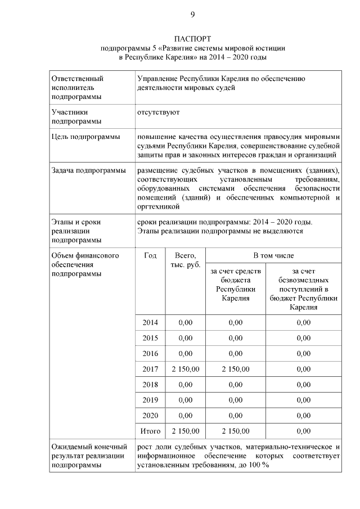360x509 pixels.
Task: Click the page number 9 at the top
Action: click(x=192, y=14)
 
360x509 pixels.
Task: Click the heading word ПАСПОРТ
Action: click(x=192, y=39)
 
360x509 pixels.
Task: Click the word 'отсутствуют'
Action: click(x=158, y=112)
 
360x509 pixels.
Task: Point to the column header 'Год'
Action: click(x=150, y=256)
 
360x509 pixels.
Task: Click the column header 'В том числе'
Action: click(x=273, y=256)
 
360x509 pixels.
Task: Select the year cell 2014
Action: click(x=150, y=323)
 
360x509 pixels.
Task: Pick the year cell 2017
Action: click(x=150, y=369)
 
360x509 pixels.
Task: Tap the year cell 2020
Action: click(x=150, y=416)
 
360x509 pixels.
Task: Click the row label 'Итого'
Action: click(x=150, y=431)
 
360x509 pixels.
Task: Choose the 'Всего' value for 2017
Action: click(x=185, y=369)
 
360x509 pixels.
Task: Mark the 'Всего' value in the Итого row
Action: click(x=185, y=431)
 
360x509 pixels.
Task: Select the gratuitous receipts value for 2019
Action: click(x=303, y=400)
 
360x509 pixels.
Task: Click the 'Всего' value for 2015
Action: click(x=185, y=338)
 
